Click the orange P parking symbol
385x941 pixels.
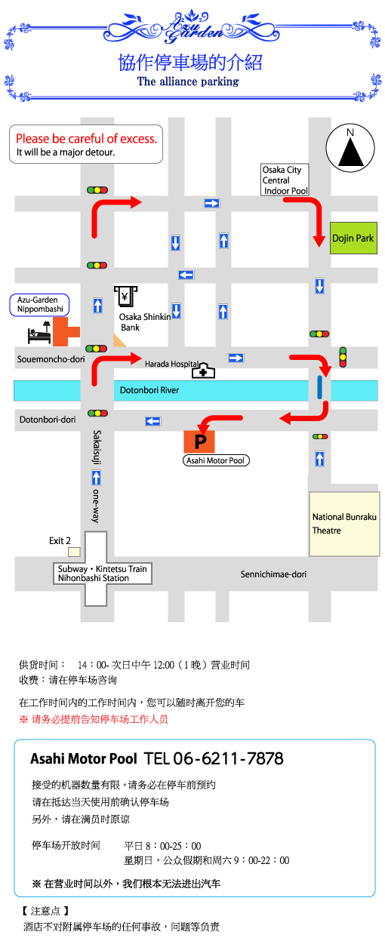click(x=199, y=441)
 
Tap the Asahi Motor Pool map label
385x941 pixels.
click(x=216, y=460)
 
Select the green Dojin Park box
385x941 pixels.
click(x=353, y=238)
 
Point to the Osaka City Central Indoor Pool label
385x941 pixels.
click(x=285, y=180)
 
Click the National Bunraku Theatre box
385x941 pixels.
click(x=344, y=524)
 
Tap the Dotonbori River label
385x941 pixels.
click(x=149, y=390)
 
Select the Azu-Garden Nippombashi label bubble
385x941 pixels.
click(x=39, y=305)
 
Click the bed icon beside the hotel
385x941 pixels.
click(x=39, y=333)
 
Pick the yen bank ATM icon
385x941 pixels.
click(x=125, y=297)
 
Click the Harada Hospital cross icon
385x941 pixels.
click(x=203, y=371)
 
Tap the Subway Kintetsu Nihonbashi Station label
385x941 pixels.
click(x=103, y=574)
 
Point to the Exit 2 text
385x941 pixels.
click(x=60, y=540)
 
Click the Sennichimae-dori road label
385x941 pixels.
click(x=273, y=574)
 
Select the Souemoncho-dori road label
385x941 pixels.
click(x=51, y=359)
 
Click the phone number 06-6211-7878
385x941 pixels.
click(x=228, y=758)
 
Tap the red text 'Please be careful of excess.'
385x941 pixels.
click(x=86, y=139)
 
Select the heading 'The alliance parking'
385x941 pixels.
click(x=188, y=81)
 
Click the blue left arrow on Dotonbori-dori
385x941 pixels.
click(x=153, y=421)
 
